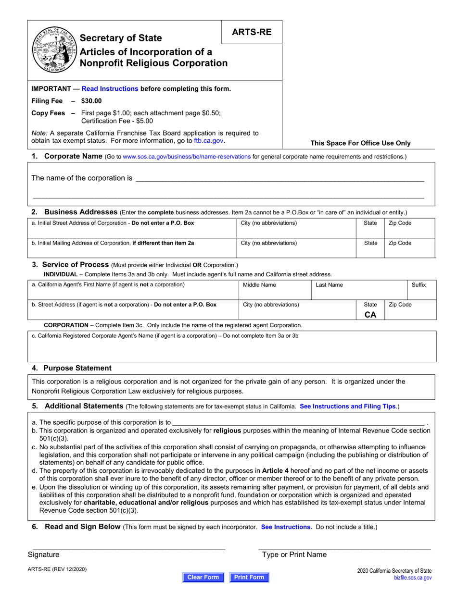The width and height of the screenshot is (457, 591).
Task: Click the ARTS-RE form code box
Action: click(x=252, y=32)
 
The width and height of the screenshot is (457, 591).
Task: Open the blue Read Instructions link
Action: click(x=110, y=88)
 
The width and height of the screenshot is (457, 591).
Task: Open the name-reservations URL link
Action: click(x=187, y=157)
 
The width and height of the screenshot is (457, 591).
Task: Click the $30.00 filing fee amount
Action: click(x=91, y=101)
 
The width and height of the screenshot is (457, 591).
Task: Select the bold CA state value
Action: click(x=370, y=315)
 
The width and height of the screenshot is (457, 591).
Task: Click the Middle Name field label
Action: click(x=259, y=285)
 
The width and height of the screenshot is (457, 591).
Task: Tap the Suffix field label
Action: click(x=418, y=285)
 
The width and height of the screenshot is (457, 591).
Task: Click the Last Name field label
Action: click(x=329, y=285)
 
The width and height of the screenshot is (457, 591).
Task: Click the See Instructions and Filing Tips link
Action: click(x=347, y=406)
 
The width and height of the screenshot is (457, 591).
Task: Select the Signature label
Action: click(x=44, y=554)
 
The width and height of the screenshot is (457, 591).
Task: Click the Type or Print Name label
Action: click(x=294, y=554)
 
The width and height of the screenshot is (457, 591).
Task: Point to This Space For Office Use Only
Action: click(x=360, y=143)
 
